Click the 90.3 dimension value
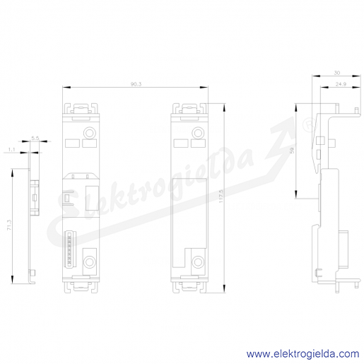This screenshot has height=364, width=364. pyautogui.click(x=136, y=84)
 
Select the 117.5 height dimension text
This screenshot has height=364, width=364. pyautogui.click(x=221, y=196)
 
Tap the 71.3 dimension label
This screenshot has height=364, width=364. pyautogui.click(x=9, y=225)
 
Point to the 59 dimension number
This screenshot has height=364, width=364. pyautogui.click(x=293, y=151)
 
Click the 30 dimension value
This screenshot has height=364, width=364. pyautogui.click(x=337, y=73)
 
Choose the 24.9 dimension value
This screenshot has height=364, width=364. pyautogui.click(x=341, y=84)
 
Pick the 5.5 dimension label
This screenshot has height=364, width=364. pyautogui.click(x=35, y=139)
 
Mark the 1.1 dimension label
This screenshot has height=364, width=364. pyautogui.click(x=12, y=149)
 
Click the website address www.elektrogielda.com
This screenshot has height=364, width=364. pyautogui.click(x=303, y=354)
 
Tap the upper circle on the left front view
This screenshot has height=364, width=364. pyautogui.click(x=90, y=133)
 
